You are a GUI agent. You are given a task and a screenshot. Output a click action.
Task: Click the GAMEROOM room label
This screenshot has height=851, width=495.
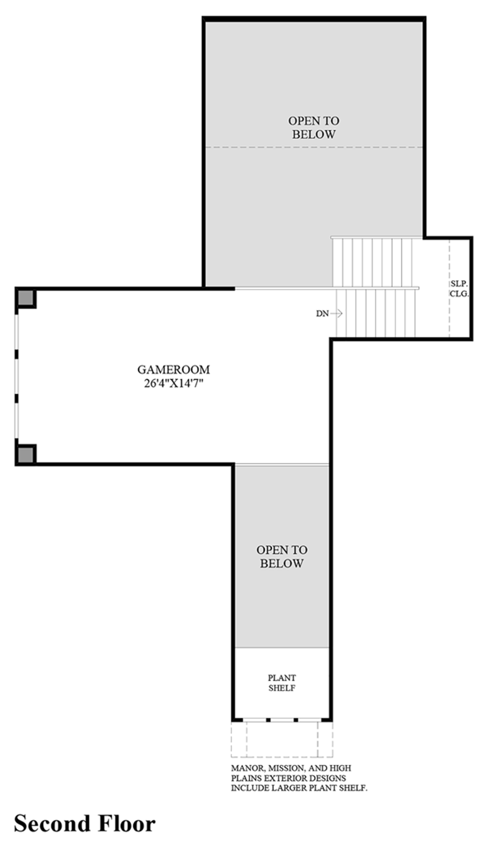173,370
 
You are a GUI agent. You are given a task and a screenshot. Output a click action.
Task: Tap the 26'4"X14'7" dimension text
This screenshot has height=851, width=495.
173,384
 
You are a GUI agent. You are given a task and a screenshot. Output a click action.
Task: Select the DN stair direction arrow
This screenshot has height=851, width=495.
337,313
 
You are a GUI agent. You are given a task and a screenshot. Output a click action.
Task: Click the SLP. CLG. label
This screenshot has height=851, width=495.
459,289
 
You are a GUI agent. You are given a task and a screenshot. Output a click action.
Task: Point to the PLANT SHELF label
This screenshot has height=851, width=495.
282,683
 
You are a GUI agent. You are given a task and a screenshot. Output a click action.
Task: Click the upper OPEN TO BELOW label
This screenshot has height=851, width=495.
314,127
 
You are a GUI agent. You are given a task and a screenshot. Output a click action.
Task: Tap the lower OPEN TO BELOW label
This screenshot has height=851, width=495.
282,556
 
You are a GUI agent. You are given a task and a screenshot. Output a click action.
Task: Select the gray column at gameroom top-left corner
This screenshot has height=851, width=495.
25,297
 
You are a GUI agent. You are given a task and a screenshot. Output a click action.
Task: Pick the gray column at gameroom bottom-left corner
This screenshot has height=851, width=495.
25,455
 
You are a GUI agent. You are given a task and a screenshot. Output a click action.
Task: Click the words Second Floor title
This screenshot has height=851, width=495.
84,824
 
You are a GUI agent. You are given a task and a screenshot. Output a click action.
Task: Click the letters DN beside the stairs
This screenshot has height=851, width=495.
322,314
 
